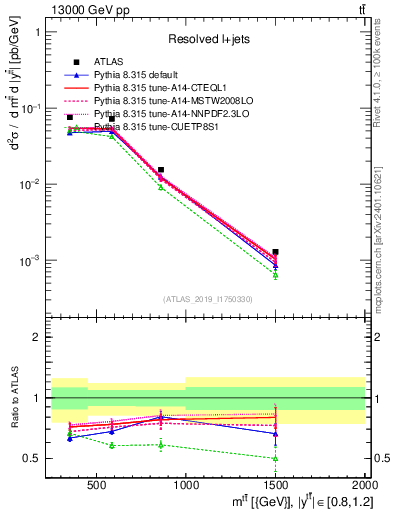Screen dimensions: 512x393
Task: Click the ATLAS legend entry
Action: coord(108,62)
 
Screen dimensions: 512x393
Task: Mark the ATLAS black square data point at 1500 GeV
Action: coord(275,252)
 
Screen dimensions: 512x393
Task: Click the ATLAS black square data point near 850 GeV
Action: coord(160,170)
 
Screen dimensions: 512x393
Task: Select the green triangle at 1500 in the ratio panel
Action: coord(275,458)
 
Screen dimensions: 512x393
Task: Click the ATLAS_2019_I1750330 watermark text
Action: coord(208,299)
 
